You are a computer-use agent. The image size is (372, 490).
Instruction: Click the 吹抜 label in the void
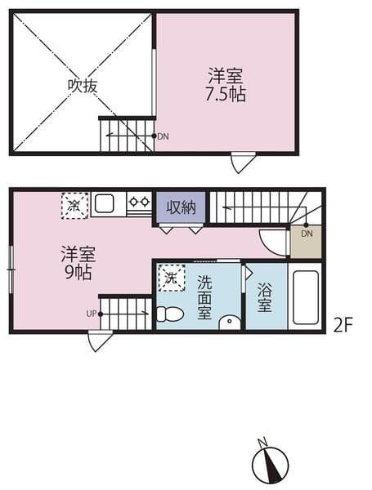point(83,85)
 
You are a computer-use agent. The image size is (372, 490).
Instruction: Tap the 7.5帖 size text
point(226,94)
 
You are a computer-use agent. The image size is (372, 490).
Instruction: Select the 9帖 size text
point(78,272)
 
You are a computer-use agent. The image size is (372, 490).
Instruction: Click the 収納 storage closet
point(182,207)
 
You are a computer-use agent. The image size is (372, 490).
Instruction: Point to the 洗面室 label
point(204,297)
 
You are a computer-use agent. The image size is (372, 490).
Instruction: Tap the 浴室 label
point(264,297)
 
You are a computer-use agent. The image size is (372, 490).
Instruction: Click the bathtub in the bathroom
point(306,298)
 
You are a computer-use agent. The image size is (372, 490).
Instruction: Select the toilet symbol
point(169,314)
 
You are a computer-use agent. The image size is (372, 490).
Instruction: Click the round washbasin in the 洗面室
point(230,322)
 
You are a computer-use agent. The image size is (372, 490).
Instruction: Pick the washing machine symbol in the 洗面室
point(171,278)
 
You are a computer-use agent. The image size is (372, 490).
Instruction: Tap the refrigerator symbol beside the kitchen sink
point(74,206)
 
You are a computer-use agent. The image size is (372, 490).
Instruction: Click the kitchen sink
point(104,203)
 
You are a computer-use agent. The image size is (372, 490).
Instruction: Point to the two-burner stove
point(139,203)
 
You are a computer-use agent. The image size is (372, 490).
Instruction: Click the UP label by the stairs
point(92,314)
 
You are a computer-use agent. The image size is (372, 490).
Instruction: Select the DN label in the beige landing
point(307,234)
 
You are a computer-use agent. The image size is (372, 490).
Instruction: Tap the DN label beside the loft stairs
point(163,136)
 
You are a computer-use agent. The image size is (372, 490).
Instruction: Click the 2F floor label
point(343,326)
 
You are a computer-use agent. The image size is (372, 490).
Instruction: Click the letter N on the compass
point(262,442)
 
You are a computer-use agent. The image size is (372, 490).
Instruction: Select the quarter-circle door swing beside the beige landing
point(271,243)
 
